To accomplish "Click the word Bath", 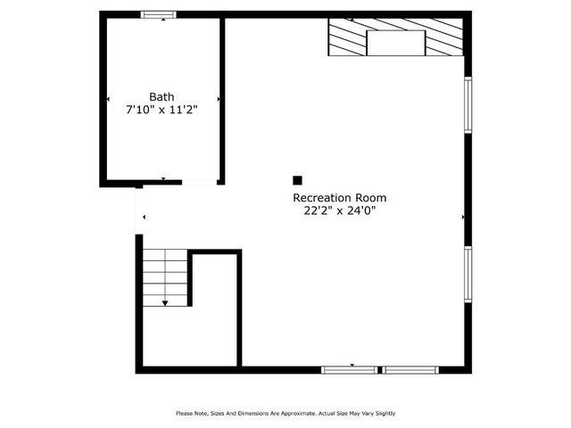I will [161, 97].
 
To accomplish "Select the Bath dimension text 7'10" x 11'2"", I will [161, 110].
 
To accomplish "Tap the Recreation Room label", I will [340, 198].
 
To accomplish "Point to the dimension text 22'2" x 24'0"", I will [340, 211].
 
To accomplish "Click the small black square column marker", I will [298, 180].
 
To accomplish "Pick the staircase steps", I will [166, 276].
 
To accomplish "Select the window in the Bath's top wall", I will [160, 14].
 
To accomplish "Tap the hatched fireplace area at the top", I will [348, 37].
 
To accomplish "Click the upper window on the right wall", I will [468, 105].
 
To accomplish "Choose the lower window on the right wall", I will [468, 275].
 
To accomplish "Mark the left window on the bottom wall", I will [349, 369].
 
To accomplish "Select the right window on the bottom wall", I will [410, 369].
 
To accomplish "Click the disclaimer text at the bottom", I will [285, 413].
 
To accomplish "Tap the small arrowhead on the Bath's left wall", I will [109, 99].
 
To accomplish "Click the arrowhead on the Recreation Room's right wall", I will [462, 217].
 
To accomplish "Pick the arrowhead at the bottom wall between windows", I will [352, 365].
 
